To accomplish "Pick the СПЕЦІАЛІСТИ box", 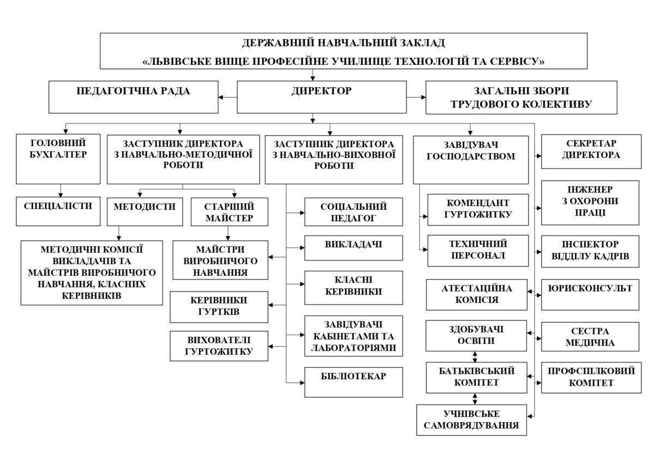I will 59,210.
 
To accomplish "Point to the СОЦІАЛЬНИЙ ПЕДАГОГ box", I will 353,212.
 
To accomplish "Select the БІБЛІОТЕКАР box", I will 353,381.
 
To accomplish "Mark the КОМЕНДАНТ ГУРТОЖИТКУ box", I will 478,209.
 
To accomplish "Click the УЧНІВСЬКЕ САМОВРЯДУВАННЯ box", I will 472,420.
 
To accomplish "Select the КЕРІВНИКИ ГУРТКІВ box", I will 219,307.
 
